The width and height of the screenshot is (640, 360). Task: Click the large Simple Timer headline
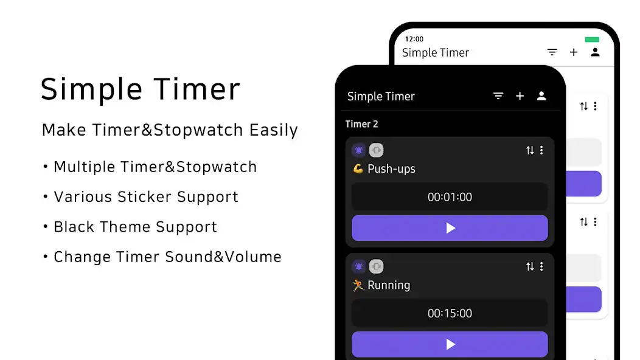click(141, 89)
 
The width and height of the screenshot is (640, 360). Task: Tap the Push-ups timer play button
click(450, 228)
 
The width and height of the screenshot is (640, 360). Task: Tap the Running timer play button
click(450, 344)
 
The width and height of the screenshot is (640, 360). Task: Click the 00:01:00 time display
click(450, 197)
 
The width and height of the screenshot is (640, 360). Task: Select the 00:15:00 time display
click(450, 313)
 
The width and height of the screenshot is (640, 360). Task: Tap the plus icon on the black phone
click(520, 96)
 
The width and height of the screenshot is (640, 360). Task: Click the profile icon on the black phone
click(541, 96)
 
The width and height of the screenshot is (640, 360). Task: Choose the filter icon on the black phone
click(498, 96)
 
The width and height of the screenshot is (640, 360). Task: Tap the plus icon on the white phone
click(574, 52)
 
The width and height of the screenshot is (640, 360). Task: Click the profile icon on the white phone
click(595, 52)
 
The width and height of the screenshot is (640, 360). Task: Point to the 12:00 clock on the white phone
click(414, 40)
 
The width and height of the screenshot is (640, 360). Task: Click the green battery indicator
click(592, 40)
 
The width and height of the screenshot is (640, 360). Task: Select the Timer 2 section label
click(361, 124)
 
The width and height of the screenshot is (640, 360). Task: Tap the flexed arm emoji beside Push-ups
click(358, 168)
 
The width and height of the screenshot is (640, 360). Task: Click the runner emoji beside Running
click(358, 285)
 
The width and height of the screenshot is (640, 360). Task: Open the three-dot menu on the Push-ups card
click(541, 150)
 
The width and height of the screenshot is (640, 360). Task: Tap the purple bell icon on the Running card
click(359, 266)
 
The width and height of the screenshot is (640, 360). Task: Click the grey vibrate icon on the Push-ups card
click(376, 150)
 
